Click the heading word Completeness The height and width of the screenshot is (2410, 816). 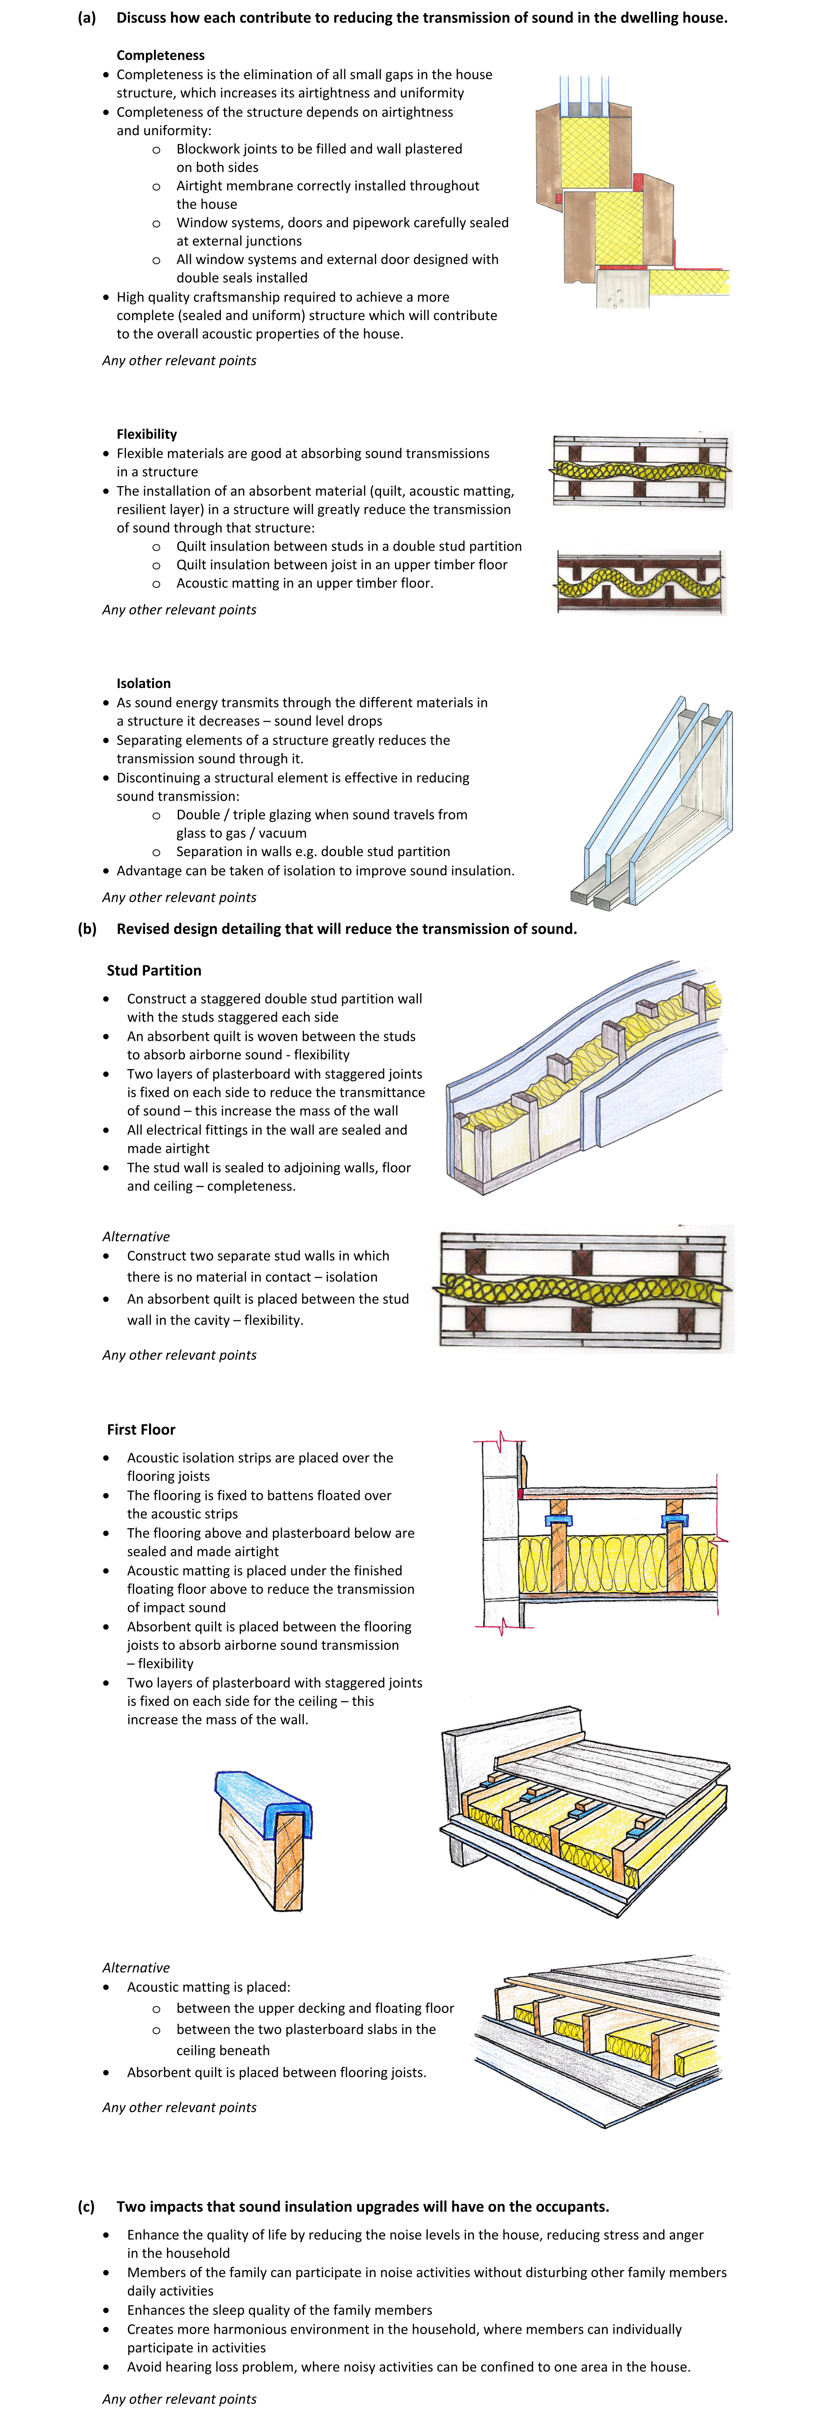coord(160,55)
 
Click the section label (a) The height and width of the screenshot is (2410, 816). coord(86,18)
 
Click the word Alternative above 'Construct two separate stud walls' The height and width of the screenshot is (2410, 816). coord(136,1236)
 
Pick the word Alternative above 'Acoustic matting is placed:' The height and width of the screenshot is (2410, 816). coord(136,1967)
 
